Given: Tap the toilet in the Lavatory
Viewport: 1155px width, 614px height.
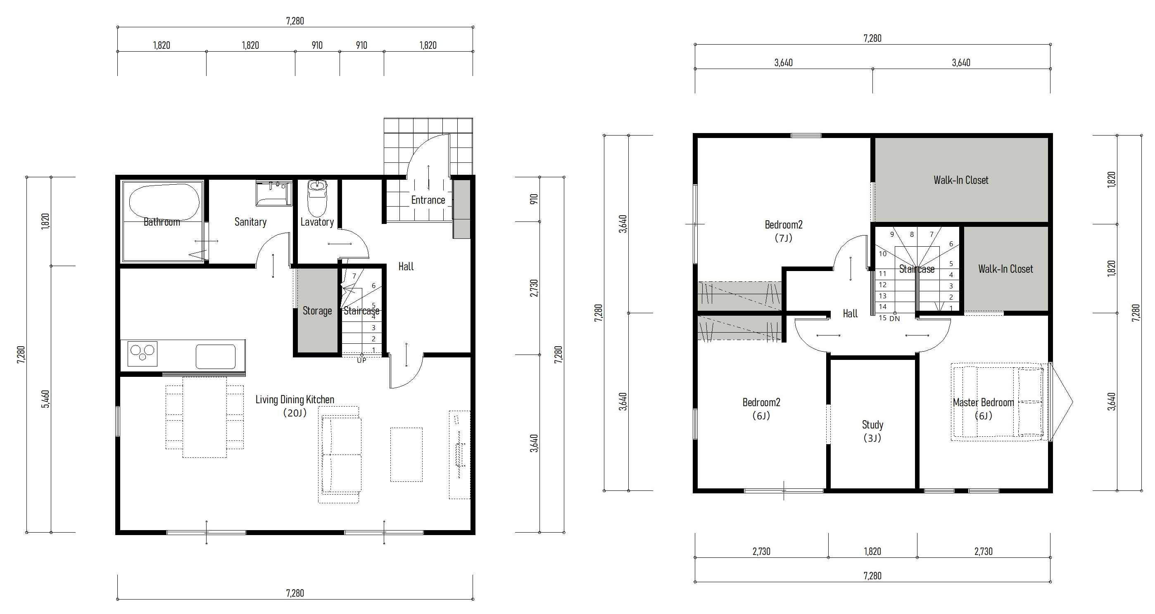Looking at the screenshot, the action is click(317, 198).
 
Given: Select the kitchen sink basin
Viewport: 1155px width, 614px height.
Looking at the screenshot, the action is click(215, 357).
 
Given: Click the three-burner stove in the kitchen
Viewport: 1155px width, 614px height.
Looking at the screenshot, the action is click(143, 354).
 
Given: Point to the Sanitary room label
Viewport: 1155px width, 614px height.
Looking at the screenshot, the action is click(250, 222).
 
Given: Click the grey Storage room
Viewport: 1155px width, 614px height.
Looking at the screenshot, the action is click(317, 310).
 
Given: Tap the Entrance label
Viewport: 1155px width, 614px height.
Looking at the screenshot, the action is click(428, 200).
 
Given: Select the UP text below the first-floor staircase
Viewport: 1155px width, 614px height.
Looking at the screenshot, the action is click(361, 360).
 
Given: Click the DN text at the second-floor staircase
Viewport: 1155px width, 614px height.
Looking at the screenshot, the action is click(894, 319).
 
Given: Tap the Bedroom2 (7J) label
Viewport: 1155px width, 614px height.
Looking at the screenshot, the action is click(784, 231).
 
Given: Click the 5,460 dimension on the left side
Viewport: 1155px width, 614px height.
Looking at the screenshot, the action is click(45, 399).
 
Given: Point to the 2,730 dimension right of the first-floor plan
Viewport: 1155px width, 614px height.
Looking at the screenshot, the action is click(534, 288).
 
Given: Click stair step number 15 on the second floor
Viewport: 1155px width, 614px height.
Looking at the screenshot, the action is click(882, 318).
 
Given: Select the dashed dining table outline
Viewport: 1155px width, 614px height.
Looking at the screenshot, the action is click(204, 417).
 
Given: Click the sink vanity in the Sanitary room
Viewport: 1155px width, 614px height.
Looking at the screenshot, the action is click(274, 193).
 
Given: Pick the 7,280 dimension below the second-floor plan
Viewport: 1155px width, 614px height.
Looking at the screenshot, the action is click(872, 576).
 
